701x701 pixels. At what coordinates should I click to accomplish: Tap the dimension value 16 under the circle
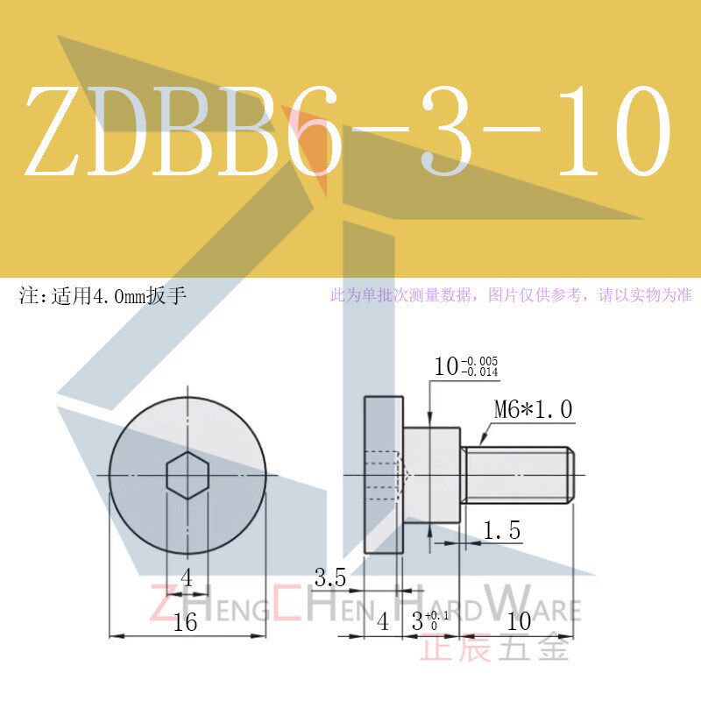185,622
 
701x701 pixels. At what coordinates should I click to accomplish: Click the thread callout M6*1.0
533,408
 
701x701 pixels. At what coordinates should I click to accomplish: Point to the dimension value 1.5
502,530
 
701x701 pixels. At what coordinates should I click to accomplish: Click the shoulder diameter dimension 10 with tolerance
464,366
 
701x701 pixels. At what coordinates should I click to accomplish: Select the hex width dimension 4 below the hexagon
186,577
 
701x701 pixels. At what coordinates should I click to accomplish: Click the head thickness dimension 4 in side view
382,622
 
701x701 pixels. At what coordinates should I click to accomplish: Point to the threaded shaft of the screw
517,475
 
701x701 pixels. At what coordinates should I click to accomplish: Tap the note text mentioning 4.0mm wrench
103,295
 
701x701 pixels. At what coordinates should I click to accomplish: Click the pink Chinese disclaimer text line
510,295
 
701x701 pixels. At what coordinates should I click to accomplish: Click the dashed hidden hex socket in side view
386,475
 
